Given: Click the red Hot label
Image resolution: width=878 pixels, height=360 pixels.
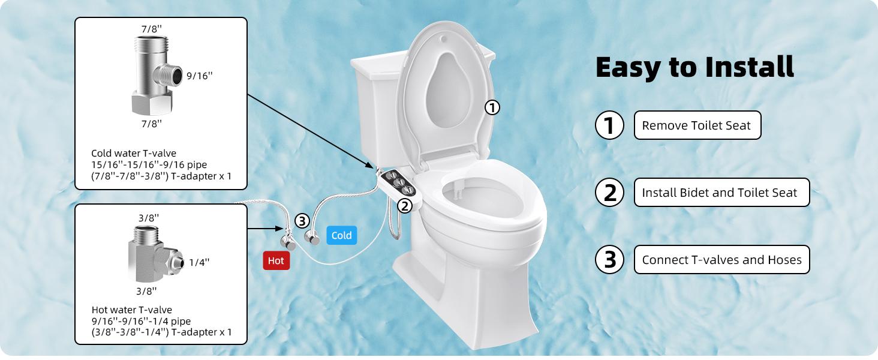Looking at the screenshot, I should click(276, 261).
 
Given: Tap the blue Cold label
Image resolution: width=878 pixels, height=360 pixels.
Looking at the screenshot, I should click(341, 235).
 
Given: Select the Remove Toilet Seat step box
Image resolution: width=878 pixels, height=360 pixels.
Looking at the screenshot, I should click(697, 125).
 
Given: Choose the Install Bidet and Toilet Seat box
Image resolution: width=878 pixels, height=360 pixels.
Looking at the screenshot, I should click(721, 193).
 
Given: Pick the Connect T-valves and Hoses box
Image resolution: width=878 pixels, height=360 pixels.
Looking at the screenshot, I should click(721, 260).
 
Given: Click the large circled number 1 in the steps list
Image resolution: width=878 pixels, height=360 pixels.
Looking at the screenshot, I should click(609, 125).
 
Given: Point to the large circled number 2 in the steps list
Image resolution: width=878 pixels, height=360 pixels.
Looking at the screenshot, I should click(609, 193).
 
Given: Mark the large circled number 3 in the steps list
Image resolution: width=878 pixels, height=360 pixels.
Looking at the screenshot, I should click(609, 260).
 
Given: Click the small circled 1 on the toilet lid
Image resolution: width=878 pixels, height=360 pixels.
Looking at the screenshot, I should click(492, 108).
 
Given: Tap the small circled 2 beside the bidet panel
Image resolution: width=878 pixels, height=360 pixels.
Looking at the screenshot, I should click(405, 206).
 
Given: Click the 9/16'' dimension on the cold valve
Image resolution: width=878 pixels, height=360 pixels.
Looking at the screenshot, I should click(200, 76).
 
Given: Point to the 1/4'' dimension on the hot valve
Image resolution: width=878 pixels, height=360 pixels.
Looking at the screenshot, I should click(199, 262).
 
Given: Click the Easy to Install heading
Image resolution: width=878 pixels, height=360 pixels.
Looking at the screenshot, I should click(694, 67).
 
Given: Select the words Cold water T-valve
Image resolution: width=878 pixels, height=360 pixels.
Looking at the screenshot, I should click(133, 153).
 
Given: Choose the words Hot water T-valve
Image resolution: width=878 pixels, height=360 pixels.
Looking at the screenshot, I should click(131, 310).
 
